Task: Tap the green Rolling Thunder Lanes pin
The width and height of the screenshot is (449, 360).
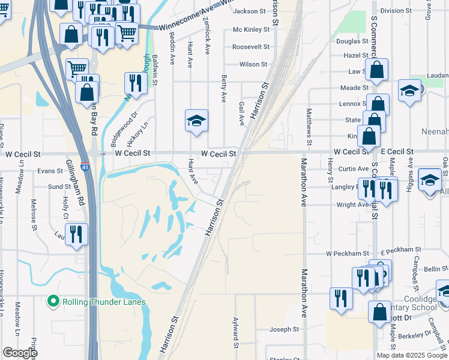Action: [x=53, y=301]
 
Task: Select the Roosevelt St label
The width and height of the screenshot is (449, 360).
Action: [x=250, y=46]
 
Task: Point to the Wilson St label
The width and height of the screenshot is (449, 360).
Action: [x=253, y=64]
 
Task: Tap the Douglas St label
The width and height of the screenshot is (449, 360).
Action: [x=352, y=41]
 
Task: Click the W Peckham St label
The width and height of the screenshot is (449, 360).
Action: [x=346, y=254]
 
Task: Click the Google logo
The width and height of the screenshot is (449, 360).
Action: [x=20, y=353]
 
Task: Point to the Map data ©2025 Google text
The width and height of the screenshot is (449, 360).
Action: [x=411, y=355]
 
